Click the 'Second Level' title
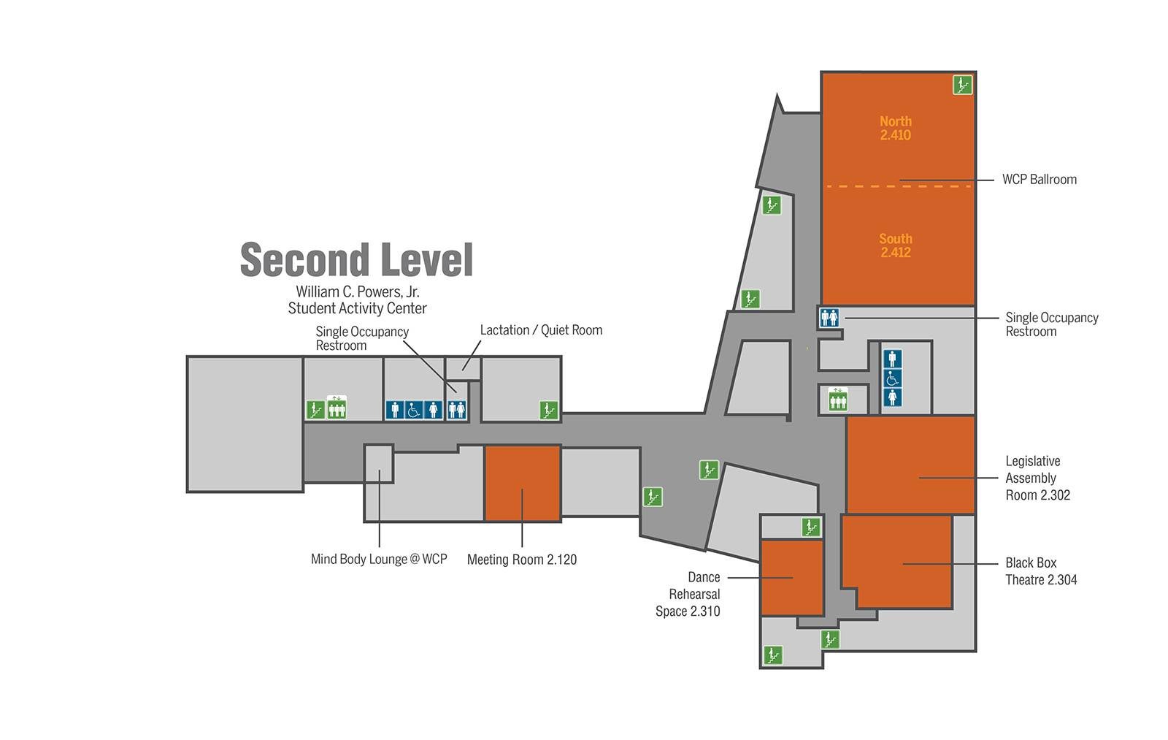coord(357,259)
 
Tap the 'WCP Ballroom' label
coord(1040,180)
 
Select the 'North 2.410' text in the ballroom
coord(895,129)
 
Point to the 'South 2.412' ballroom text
coord(895,245)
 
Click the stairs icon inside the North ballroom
coord(963,85)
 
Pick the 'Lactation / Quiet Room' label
coord(541,330)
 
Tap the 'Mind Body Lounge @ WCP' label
coord(379,560)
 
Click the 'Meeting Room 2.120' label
coord(522,560)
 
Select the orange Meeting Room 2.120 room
coord(523,484)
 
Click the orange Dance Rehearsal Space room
coord(792,579)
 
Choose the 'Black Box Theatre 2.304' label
coord(1041,571)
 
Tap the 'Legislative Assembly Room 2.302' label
coord(1037,478)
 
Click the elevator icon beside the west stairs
coord(337,408)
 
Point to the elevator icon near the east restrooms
coord(838,400)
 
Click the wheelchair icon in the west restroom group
coord(413,411)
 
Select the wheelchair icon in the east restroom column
coord(892,378)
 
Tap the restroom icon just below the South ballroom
coord(829,317)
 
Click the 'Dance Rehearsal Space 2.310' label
coord(688,595)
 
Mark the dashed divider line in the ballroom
coord(899,186)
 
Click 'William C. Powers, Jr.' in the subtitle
coord(358,291)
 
